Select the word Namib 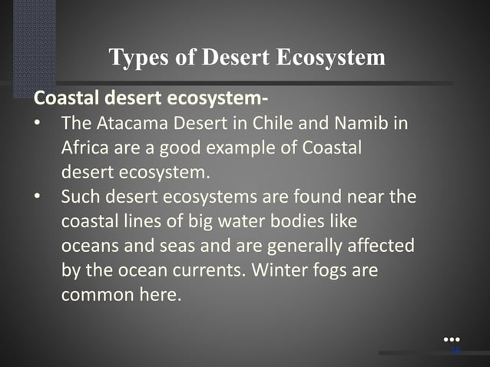pyautogui.click(x=372, y=124)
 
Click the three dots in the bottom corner pyautogui.click(x=452, y=339)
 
